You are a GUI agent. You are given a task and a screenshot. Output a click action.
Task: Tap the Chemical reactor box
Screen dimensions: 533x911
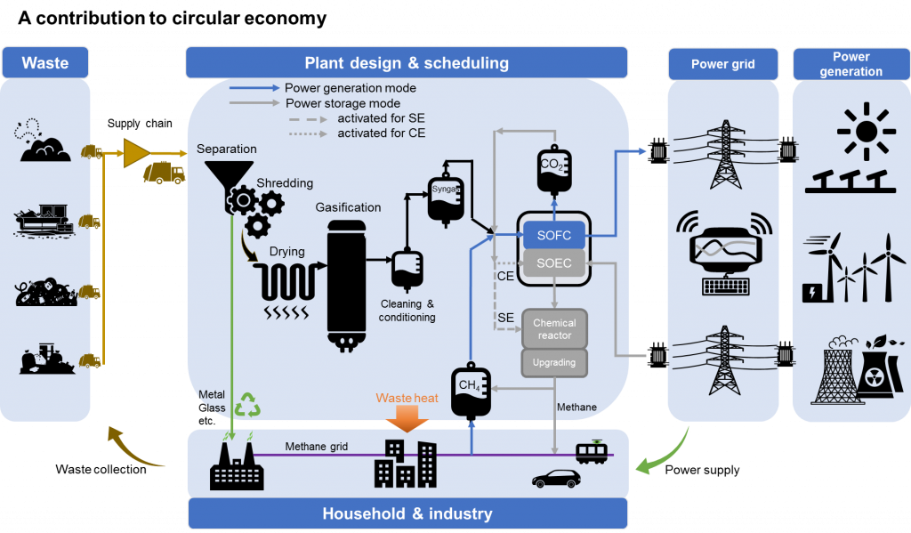(x=554, y=328)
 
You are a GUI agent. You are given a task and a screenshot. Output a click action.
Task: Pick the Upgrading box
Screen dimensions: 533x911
(x=554, y=362)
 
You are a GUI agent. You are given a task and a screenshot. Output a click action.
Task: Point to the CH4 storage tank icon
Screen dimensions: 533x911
(x=471, y=389)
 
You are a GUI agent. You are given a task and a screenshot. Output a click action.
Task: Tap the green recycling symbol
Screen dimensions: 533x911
(x=247, y=406)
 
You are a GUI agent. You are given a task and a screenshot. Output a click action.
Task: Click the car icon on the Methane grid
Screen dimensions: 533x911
(x=556, y=478)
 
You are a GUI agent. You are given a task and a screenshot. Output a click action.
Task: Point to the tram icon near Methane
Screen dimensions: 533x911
(x=593, y=452)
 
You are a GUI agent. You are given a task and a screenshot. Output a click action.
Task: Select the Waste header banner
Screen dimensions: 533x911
(x=45, y=63)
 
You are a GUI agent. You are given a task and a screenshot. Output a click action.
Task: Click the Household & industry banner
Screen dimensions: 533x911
(x=407, y=513)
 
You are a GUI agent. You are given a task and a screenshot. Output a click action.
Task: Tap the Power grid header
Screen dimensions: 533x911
(x=722, y=64)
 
